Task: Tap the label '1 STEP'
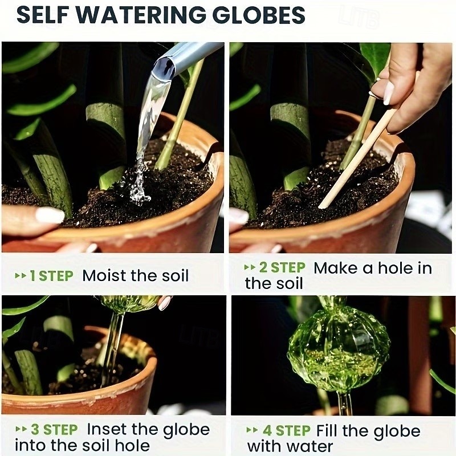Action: (51, 276)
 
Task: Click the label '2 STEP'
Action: (281, 267)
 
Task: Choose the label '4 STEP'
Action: (286, 430)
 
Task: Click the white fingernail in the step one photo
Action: (50, 215)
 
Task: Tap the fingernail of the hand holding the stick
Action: (388, 93)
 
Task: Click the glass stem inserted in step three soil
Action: (111, 348)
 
